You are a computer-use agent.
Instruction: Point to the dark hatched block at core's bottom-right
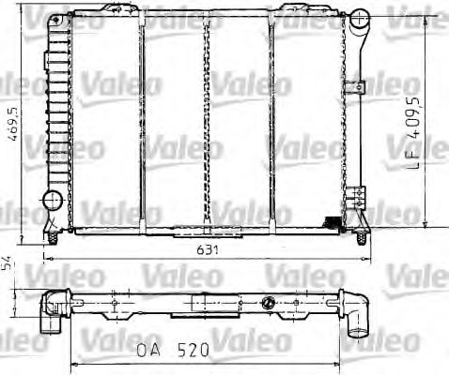pos(331,221)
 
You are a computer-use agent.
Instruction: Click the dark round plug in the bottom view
pos(268,302)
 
